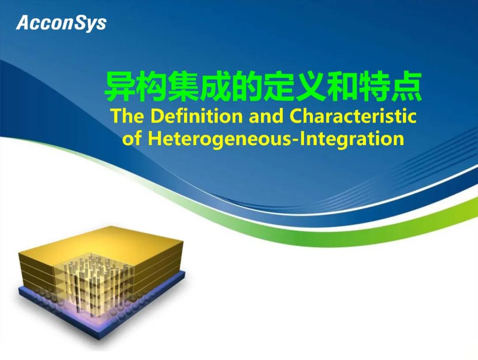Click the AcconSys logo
click(x=61, y=23)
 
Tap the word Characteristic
click(x=353, y=116)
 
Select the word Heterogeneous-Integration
click(x=276, y=138)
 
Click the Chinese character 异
click(x=119, y=87)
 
